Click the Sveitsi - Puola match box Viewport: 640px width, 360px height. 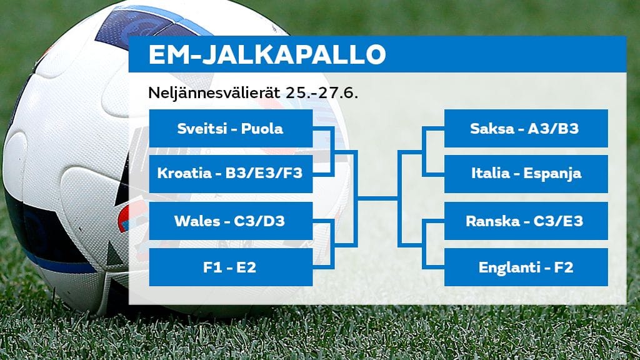231,129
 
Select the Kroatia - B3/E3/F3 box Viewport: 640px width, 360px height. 231,174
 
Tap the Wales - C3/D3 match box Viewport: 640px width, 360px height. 231,221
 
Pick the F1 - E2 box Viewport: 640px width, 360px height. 231,267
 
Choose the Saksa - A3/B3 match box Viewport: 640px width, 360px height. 526,129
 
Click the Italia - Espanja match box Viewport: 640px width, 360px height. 526,174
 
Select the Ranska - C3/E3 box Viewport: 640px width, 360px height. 526,221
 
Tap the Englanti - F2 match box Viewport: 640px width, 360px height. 526,267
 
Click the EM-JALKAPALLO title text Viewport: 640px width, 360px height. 267,55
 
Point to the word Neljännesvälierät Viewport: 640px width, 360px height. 214,92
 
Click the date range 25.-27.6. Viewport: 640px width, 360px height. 321,92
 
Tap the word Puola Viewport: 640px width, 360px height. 263,129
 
